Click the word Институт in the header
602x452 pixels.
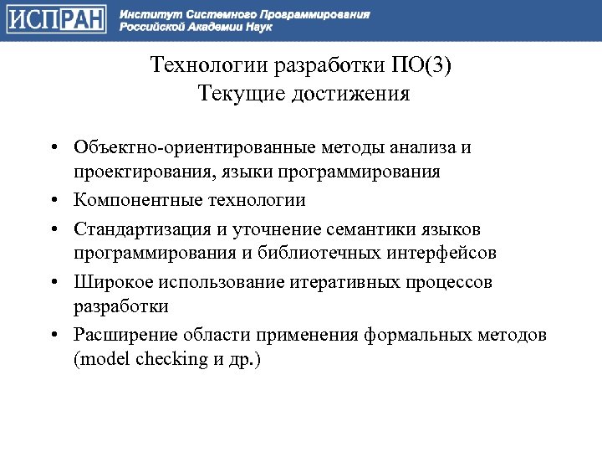point(144,14)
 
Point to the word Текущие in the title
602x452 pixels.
point(241,93)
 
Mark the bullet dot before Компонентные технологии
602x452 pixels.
point(52,202)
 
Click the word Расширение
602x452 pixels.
point(119,336)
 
